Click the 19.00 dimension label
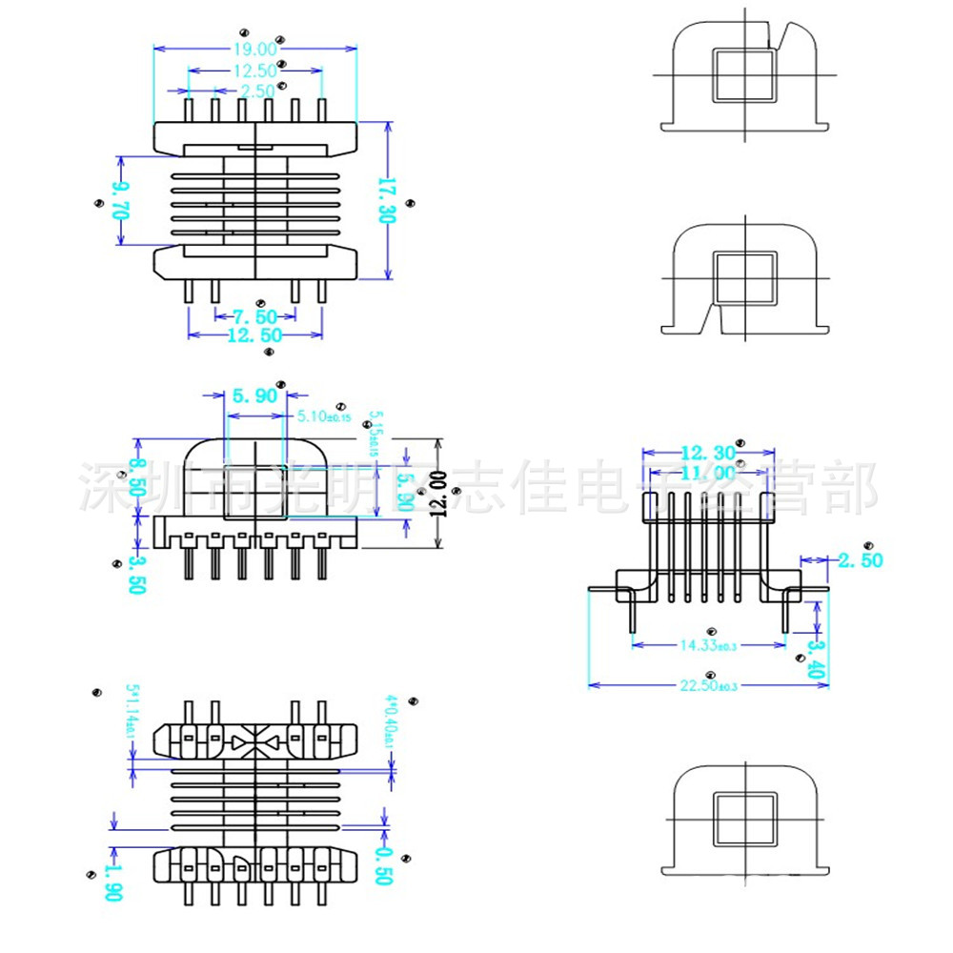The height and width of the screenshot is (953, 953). [x=254, y=48]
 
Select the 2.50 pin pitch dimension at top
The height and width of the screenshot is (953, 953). [x=256, y=91]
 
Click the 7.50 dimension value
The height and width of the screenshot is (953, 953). [x=253, y=316]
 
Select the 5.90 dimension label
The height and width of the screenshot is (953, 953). [x=253, y=395]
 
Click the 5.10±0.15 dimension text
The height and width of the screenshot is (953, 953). [x=324, y=416]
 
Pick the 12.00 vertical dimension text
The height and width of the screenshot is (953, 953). [x=437, y=493]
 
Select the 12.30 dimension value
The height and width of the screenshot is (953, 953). [x=708, y=453]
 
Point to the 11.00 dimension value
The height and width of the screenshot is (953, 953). [x=708, y=472]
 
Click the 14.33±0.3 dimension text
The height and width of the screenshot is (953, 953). [x=709, y=645]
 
